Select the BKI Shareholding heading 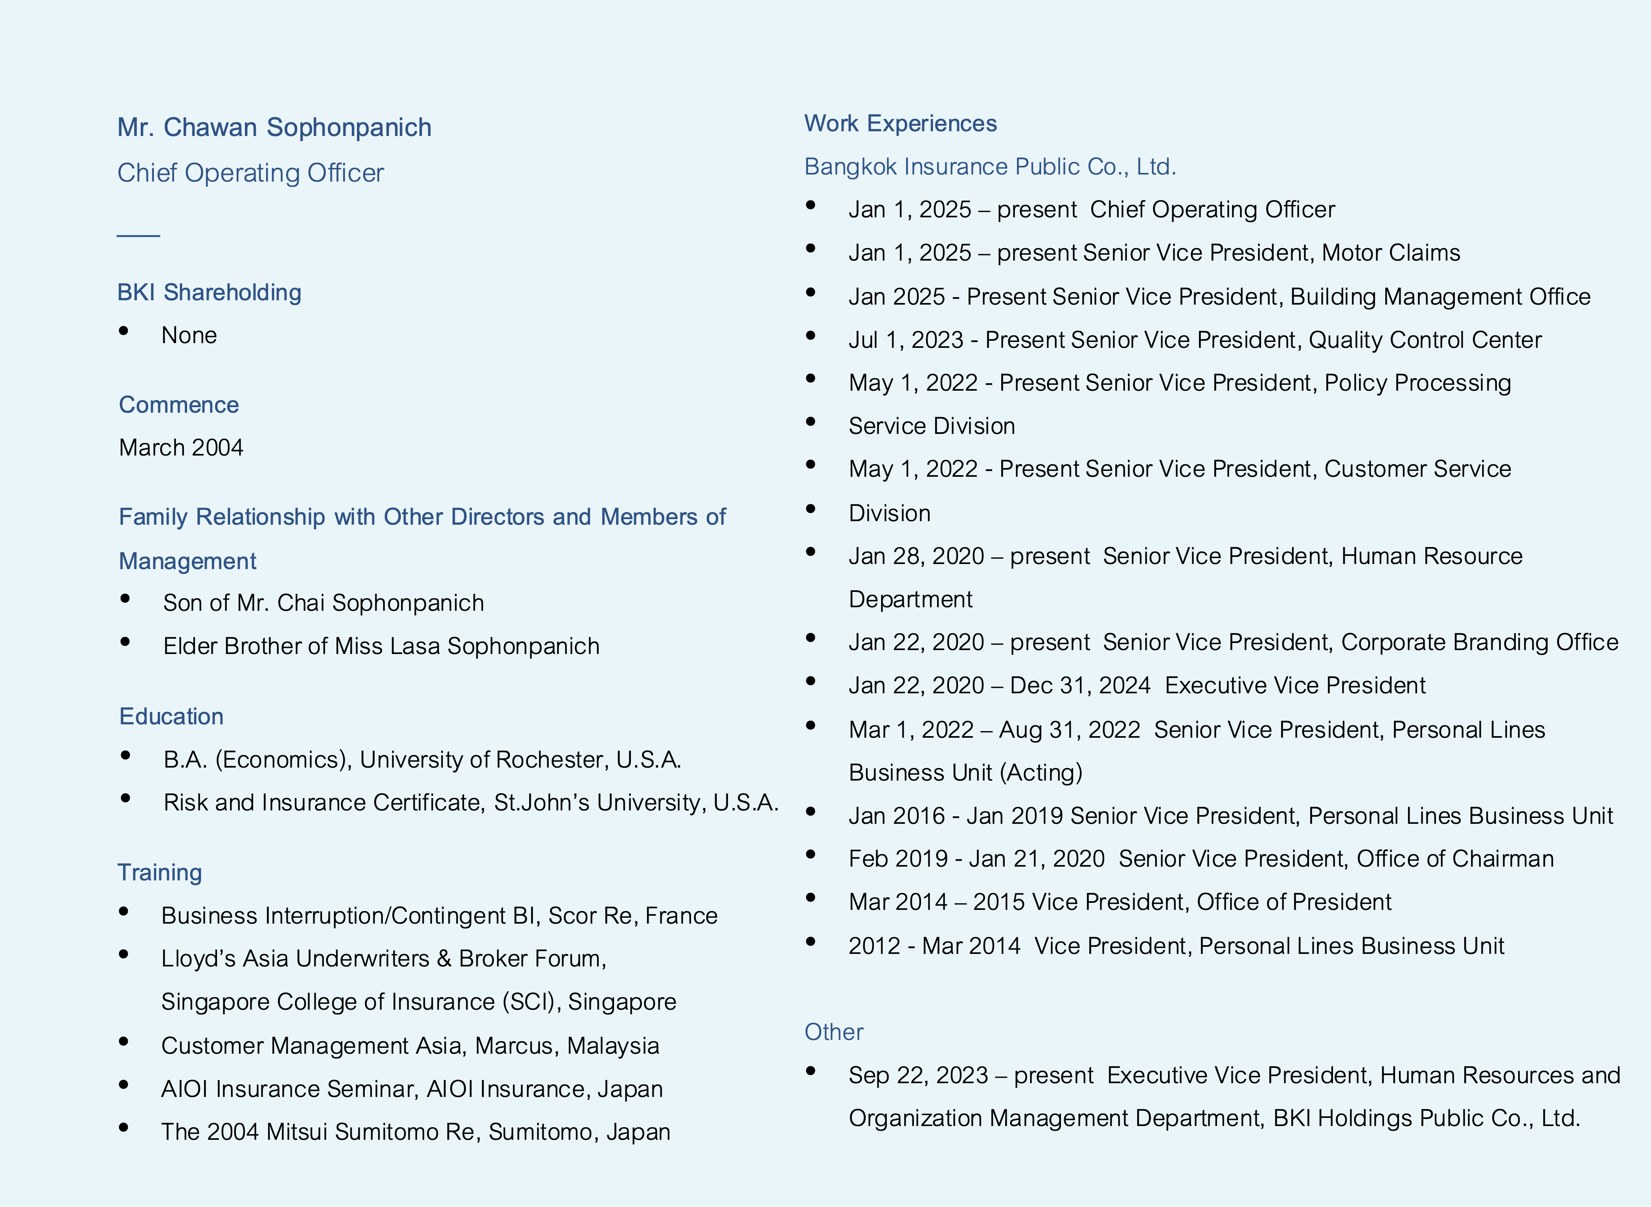209,292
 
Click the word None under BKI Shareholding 189,335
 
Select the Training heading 160,873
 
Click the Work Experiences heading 900,123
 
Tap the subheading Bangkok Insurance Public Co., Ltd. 990,167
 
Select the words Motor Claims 1391,253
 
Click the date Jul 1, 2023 906,340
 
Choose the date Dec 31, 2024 1080,685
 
